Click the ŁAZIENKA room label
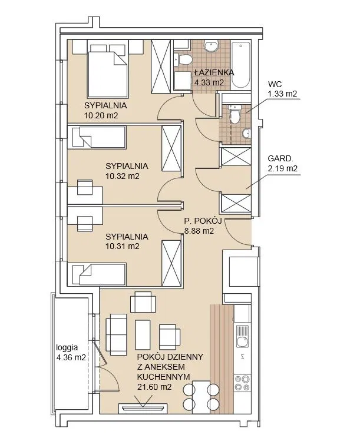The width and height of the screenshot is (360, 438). [x=214, y=72]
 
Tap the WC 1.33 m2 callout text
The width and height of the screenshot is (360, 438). [x=282, y=89]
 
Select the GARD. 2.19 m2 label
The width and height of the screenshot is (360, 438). [x=282, y=164]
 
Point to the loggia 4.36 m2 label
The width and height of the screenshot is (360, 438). [x=71, y=353]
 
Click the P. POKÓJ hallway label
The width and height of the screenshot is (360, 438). [x=203, y=221]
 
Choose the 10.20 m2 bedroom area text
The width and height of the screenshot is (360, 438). [x=101, y=115]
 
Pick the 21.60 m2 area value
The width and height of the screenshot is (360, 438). [x=154, y=387]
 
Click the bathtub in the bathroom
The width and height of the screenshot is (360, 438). [x=241, y=65]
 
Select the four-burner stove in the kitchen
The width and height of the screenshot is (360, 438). [x=242, y=383]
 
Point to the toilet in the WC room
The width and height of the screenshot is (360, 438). [x=235, y=115]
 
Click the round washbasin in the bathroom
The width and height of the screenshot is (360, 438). [x=211, y=46]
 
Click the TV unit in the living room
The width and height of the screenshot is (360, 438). [x=143, y=407]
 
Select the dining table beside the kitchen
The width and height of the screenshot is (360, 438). [x=201, y=397]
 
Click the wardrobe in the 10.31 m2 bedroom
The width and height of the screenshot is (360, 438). [x=171, y=263]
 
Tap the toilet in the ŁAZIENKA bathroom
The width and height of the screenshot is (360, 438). [x=183, y=59]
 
